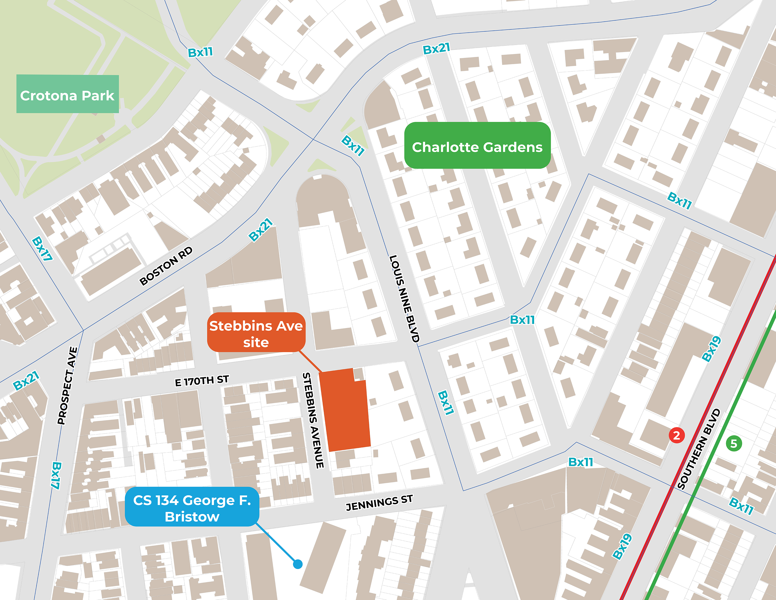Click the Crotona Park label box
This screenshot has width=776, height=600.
click(68, 94)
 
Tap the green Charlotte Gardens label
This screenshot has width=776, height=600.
click(477, 146)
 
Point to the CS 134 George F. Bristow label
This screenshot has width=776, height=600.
click(192, 507)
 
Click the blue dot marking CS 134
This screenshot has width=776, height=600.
click(298, 564)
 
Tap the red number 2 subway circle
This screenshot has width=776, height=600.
click(676, 435)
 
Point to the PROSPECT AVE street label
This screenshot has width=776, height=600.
click(67, 386)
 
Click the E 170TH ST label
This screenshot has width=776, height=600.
click(202, 381)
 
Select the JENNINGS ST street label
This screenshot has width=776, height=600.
click(379, 503)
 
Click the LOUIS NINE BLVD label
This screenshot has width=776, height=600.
click(404, 299)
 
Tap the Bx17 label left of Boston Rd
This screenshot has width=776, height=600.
click(42, 248)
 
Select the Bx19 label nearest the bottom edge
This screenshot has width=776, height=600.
click(622, 546)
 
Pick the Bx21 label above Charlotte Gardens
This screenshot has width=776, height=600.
click(436, 48)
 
